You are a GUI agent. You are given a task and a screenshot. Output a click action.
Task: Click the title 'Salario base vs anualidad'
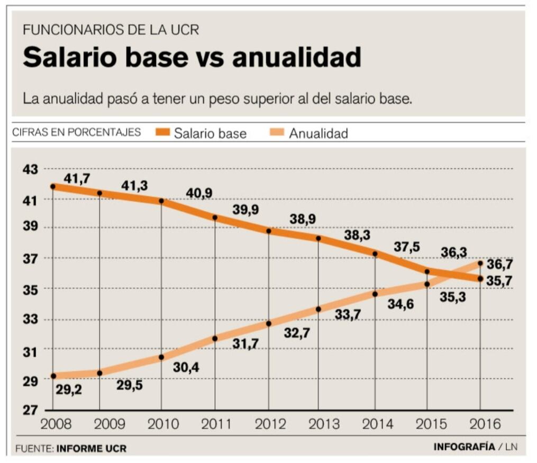click(192, 57)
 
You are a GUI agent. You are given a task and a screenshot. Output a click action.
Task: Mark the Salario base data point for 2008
click(53, 186)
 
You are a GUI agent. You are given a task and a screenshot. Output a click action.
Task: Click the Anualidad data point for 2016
click(480, 263)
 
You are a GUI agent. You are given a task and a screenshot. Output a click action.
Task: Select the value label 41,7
click(77, 179)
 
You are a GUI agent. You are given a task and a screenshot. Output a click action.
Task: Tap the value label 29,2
click(69, 391)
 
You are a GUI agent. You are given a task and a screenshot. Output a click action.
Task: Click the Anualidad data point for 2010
click(161, 357)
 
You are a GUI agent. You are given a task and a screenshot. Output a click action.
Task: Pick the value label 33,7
click(348, 315)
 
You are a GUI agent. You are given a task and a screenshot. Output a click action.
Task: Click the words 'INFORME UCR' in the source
click(92, 449)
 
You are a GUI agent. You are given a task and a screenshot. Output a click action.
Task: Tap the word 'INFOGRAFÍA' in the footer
click(464, 447)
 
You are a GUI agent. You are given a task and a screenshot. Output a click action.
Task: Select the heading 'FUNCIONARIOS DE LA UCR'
click(111, 30)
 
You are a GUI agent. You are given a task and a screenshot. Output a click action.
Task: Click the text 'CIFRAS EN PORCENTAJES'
click(77, 132)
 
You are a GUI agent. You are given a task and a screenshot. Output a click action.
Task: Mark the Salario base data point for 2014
click(375, 254)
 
